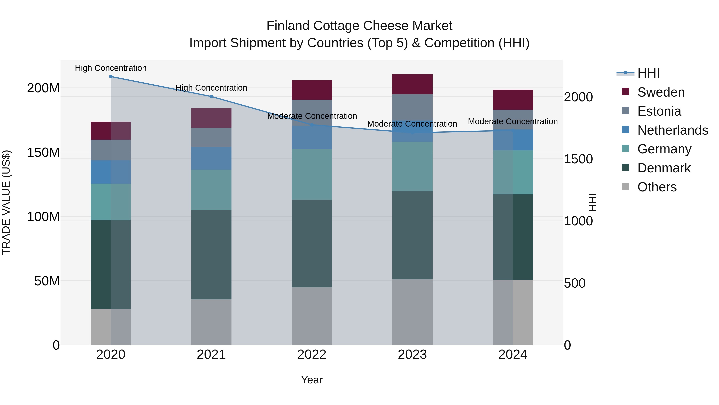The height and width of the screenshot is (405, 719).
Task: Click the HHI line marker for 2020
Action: pos(111,77)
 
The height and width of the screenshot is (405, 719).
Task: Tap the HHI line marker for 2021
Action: pos(211,96)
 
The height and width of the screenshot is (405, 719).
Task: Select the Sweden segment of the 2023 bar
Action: pos(412,84)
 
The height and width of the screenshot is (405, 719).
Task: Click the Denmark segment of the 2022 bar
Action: pos(312,243)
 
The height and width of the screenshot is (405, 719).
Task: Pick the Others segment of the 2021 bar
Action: pos(211,322)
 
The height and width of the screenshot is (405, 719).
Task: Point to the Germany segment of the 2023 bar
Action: pos(412,167)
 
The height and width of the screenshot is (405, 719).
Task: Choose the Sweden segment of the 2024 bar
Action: pos(513,100)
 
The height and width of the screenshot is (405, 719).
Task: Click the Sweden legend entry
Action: pos(661,92)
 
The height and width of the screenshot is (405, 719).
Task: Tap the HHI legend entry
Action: pos(648,73)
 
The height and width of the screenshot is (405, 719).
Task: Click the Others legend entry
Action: pos(657,187)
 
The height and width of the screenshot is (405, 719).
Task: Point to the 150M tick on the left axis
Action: pos(43,153)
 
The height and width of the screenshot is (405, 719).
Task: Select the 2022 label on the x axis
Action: pos(312,355)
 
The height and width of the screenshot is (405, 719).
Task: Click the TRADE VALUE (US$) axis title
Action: pos(6,202)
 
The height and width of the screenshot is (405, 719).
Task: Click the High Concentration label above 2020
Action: pos(111,68)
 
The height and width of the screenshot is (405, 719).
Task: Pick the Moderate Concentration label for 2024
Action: pos(513,121)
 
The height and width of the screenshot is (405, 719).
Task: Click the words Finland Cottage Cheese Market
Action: pos(359,26)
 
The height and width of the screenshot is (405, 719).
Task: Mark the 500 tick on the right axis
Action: pos(575,283)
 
